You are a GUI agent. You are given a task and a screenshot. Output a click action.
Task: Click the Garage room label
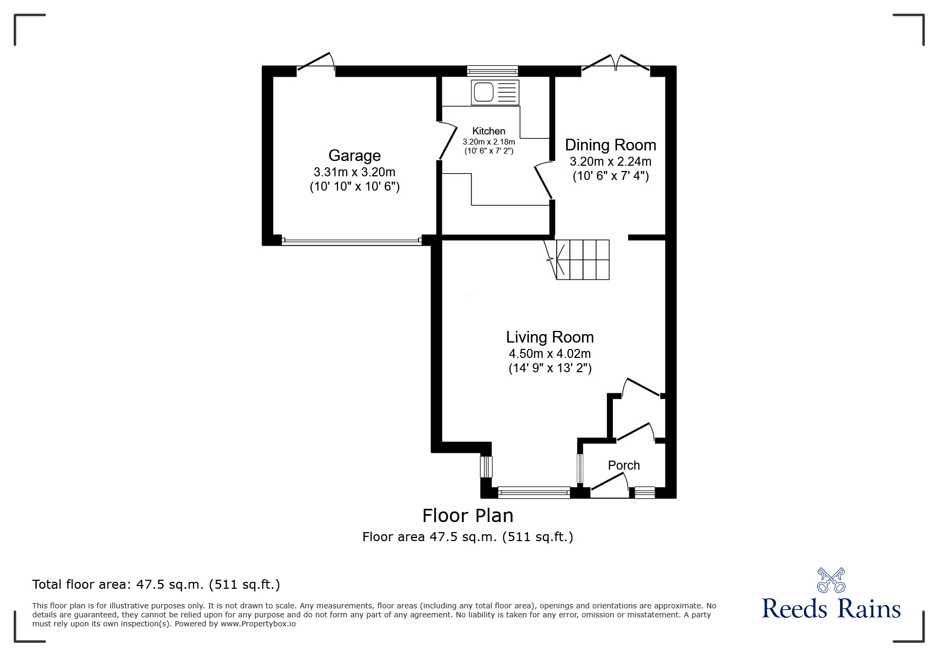[x=354, y=155]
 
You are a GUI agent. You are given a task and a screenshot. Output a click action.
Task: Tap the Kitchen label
[x=489, y=131]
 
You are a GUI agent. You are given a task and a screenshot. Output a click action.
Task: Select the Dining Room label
[x=610, y=145]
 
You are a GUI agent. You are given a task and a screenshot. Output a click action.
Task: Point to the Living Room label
[x=550, y=337]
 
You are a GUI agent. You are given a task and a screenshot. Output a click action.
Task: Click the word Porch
[x=624, y=465]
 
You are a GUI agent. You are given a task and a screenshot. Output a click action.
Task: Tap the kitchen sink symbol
[x=495, y=92]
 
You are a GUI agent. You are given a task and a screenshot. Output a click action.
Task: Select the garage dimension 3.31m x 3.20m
[x=354, y=172]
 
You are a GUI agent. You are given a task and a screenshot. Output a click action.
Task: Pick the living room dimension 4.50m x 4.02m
[x=550, y=353]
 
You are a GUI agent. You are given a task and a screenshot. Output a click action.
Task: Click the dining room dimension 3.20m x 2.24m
[x=610, y=161]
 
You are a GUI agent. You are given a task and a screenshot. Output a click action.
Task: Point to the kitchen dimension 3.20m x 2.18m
[x=489, y=142]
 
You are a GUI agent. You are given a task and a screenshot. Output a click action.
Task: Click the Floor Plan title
[x=468, y=515]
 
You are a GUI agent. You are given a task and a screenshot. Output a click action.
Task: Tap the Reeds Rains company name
[x=831, y=608]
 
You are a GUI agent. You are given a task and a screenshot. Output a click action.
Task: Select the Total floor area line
[x=156, y=585]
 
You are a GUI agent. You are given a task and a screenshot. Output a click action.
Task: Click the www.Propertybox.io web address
[x=258, y=624]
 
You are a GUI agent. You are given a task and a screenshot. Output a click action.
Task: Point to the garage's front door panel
[x=351, y=241]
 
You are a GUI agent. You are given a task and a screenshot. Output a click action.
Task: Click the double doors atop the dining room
[x=616, y=61]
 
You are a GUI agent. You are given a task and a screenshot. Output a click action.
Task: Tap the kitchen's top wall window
[x=493, y=70]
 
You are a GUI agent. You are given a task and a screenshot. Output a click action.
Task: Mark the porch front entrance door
[x=610, y=486]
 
